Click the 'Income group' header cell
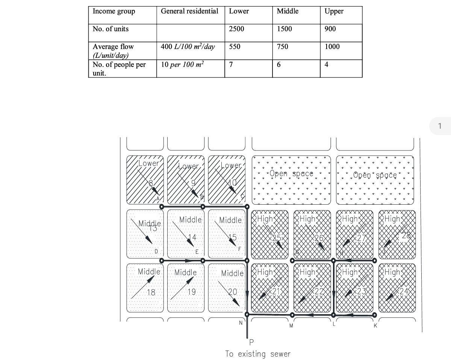coord(114,11)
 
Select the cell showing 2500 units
coord(236,29)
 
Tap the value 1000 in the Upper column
coord(332,47)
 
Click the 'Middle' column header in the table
coord(288,11)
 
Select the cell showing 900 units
coord(330,29)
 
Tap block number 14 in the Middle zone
coord(192,237)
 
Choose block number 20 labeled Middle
coord(233,292)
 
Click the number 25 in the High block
coord(276,238)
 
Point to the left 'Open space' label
coord(291,174)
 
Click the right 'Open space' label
coord(375,175)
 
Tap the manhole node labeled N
coord(247,314)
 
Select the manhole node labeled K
coord(374,315)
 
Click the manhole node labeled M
coord(292,315)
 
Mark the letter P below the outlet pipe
coord(251,342)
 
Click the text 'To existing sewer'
coord(258,354)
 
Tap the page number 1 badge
coord(440,126)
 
